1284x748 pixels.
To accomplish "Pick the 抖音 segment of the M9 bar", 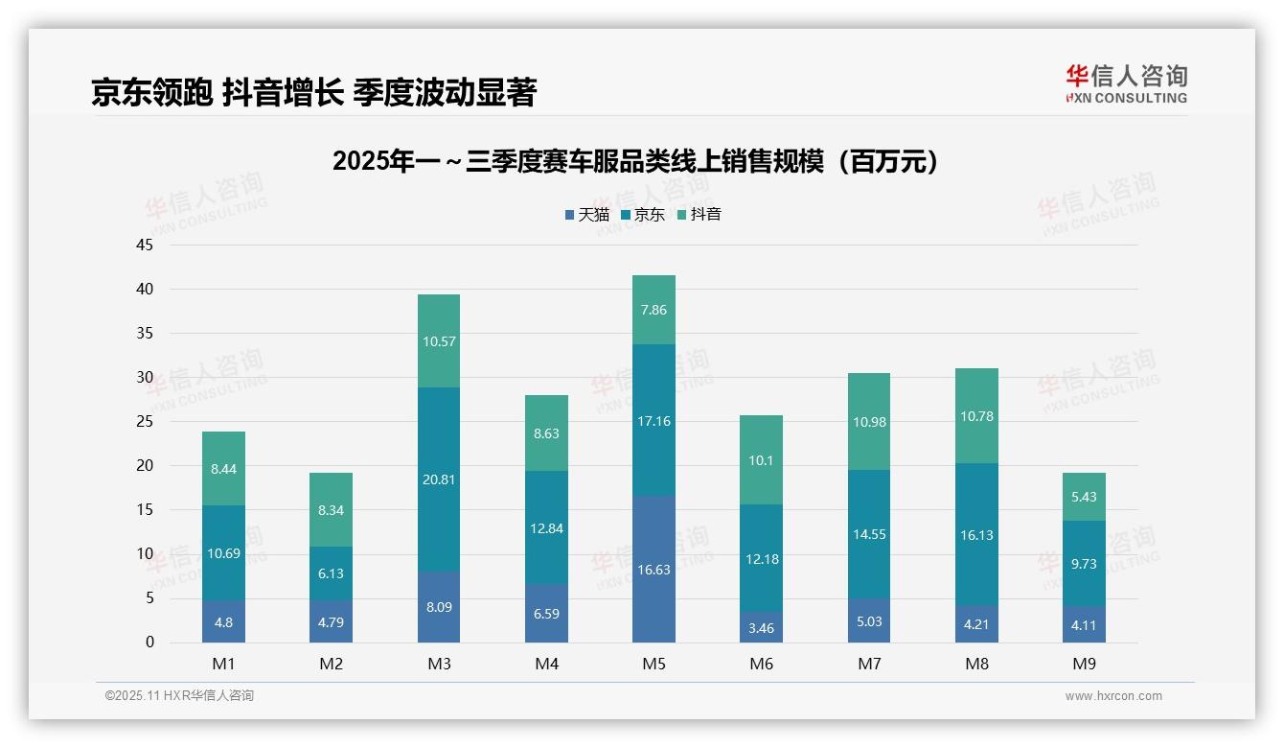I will click(1084, 497).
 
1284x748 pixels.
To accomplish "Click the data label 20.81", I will click(439, 479).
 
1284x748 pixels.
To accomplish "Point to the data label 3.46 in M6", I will click(762, 627).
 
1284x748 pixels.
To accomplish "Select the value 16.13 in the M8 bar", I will click(976, 535).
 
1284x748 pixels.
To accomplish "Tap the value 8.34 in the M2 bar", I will click(331, 510).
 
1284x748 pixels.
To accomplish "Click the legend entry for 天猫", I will click(586, 215).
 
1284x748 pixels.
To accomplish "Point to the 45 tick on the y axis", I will click(145, 245).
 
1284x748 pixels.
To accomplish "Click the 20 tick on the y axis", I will click(145, 466).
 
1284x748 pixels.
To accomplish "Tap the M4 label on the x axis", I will click(546, 664).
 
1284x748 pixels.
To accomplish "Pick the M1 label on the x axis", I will click(223, 664).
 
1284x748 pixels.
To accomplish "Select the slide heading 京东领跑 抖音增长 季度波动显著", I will click(313, 92).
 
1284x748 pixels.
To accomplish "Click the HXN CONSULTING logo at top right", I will click(1126, 84).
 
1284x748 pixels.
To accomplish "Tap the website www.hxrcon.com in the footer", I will click(1113, 696).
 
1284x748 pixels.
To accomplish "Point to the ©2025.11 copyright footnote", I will click(179, 696).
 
